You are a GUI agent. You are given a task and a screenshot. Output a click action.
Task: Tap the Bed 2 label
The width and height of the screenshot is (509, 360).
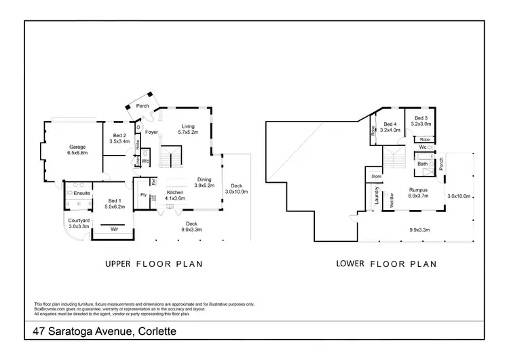click(x=119, y=136)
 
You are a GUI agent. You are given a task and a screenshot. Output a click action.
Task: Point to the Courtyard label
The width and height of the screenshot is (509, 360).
click(x=80, y=219)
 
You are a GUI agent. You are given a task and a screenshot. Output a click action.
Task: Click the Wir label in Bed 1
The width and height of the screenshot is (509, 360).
click(x=113, y=230)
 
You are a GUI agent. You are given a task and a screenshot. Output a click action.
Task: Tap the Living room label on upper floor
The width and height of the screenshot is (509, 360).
click(x=188, y=126)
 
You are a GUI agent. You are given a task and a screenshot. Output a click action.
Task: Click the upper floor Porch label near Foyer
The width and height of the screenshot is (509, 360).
click(x=143, y=106)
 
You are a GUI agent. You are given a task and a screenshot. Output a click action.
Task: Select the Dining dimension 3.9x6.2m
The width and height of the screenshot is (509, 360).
click(x=204, y=185)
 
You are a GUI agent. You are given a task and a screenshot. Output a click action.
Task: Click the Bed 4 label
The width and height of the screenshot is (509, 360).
click(x=390, y=124)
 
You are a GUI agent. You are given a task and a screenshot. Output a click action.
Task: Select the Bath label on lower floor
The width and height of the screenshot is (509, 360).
click(x=423, y=164)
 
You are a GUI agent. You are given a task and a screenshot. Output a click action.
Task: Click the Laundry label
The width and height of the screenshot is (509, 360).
click(x=375, y=196)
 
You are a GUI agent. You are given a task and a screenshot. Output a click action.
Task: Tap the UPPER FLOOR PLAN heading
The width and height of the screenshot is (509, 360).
click(x=153, y=264)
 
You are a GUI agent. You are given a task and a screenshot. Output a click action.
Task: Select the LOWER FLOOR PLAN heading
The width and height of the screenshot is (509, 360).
click(x=385, y=264)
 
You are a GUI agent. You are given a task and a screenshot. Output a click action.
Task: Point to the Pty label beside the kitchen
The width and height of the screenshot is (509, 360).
click(x=143, y=195)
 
